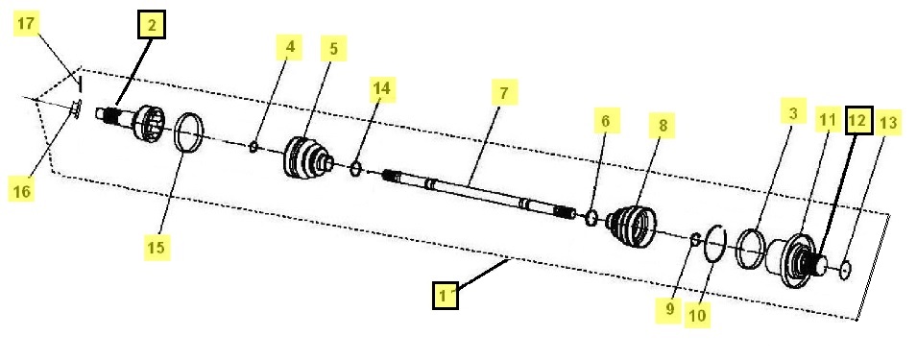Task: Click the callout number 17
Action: click(x=26, y=25)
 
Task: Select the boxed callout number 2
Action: click(x=152, y=25)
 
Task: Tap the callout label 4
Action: click(x=289, y=47)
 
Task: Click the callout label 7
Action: click(x=504, y=92)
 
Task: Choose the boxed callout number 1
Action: click(x=446, y=295)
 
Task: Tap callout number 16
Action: click(x=22, y=190)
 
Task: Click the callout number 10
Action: click(x=698, y=315)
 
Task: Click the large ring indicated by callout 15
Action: click(x=189, y=132)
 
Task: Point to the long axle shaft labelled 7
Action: click(x=478, y=195)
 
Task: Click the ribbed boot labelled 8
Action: click(x=632, y=225)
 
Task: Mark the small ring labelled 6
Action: click(x=591, y=218)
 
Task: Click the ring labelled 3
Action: click(x=750, y=249)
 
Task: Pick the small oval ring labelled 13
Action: click(x=844, y=271)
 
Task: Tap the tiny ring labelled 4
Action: click(x=253, y=147)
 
